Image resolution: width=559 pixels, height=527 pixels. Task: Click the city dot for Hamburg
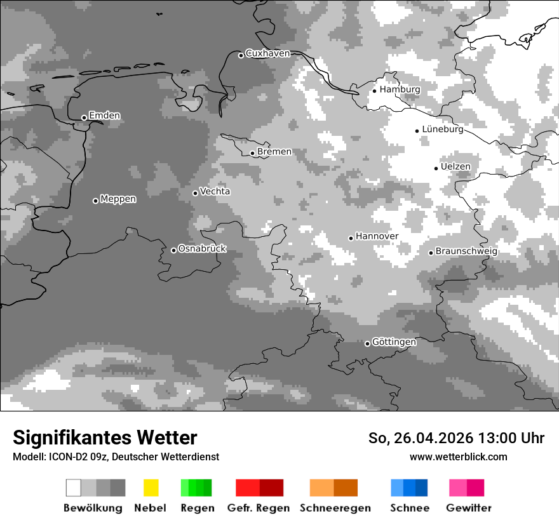[x=374, y=91]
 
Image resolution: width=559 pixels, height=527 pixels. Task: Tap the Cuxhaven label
[x=267, y=54]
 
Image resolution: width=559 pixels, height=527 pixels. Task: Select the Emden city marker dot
[x=84, y=117]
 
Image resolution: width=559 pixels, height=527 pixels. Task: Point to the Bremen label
[x=274, y=152]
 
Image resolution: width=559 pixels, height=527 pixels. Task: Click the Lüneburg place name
[x=443, y=130]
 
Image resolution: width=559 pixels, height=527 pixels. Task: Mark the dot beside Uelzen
[x=436, y=168]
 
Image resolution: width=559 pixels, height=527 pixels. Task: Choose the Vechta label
[x=215, y=192]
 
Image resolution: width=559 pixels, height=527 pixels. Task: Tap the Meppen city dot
[x=95, y=201]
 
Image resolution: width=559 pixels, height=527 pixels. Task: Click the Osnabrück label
[x=202, y=249]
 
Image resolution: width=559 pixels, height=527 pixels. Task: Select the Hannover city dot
[x=351, y=238]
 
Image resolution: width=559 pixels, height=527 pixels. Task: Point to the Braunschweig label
[x=466, y=251]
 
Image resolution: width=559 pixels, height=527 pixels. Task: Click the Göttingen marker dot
[x=367, y=344]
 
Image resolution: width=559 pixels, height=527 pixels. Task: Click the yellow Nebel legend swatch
[x=151, y=488]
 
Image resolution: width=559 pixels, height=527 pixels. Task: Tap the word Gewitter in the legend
[x=469, y=508]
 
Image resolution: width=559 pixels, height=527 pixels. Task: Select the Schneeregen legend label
[x=335, y=508]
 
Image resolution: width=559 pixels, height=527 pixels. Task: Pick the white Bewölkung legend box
[x=74, y=488]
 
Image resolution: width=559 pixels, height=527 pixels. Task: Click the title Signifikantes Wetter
[x=105, y=437]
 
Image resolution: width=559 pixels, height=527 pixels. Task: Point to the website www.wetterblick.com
[x=458, y=457]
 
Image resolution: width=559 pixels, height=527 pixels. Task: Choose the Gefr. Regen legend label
[x=259, y=508]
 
